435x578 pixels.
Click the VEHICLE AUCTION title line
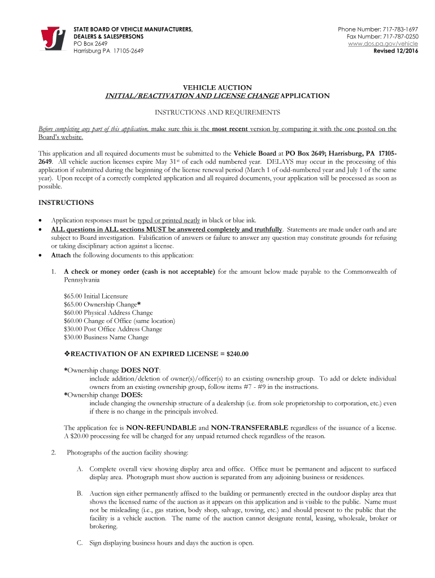217,87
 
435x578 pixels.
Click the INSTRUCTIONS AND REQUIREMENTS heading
217,112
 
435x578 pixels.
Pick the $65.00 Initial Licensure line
96,296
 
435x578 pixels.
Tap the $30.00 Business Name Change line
106,338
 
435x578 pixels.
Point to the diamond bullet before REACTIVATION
67,354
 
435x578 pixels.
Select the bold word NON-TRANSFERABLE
250,427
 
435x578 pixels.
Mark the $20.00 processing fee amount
81,435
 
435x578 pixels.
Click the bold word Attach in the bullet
61,255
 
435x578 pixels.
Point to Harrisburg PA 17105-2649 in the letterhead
108,51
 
